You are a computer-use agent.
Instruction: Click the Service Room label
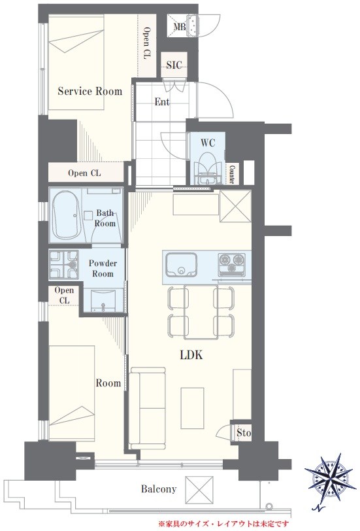tap(90, 91)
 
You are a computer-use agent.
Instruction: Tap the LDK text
tap(191, 355)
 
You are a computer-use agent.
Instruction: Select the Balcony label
tap(159, 489)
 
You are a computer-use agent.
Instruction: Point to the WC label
tap(207, 143)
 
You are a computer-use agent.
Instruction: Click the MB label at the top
tap(180, 26)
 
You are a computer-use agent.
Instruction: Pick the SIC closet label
tap(174, 65)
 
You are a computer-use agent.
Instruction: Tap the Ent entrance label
tap(162, 101)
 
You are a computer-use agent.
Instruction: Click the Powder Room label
tap(103, 268)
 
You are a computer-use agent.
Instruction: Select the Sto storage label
tap(244, 433)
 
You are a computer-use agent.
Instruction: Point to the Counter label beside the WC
tap(232, 174)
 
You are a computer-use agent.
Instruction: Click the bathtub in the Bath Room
tap(67, 214)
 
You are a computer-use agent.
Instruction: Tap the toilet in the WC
tap(207, 168)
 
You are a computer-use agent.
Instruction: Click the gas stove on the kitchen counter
tap(231, 263)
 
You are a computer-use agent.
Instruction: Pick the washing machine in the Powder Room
tap(63, 264)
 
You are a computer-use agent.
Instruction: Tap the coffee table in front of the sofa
tap(192, 408)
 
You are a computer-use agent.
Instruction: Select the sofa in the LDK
tap(148, 408)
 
